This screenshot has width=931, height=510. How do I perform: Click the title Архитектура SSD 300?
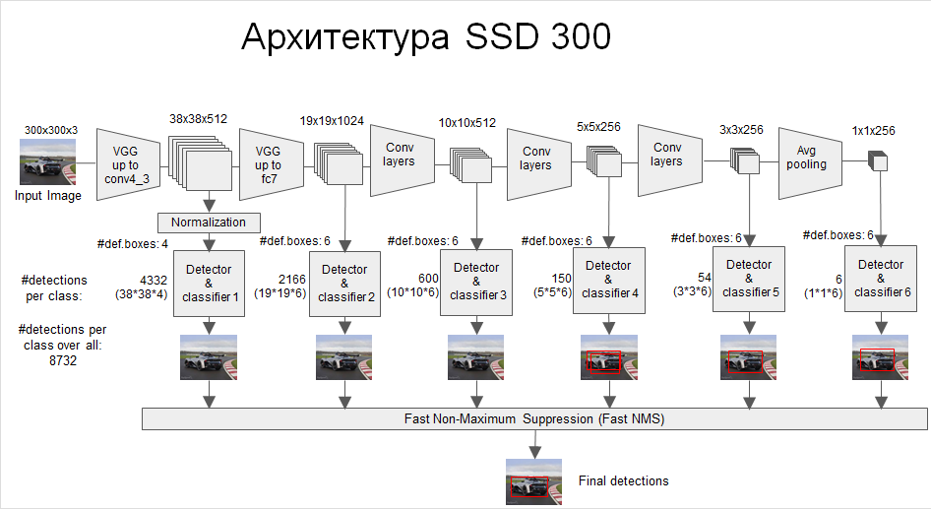pos(426,38)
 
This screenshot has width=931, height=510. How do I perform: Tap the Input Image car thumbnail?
pos(47,162)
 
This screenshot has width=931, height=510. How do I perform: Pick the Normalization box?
pos(209,222)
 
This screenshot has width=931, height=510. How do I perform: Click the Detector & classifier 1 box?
pos(208,283)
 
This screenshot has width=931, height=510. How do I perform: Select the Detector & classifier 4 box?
pos(609,279)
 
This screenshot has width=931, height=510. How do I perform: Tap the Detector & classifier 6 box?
pos(880,279)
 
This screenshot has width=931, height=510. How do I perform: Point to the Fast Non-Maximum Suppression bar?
pos(534,419)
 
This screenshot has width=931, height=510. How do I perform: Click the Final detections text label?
pos(623,480)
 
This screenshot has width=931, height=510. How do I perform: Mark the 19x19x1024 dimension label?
pos(332,121)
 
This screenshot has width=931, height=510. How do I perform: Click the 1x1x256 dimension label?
pos(873,130)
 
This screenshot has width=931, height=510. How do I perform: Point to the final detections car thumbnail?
pos(532,482)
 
